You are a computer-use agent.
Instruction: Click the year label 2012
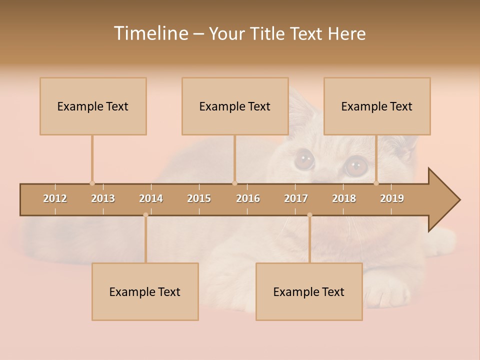click(x=55, y=198)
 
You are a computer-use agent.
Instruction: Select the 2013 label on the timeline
click(x=103, y=198)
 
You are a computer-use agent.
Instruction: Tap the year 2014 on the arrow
click(x=151, y=198)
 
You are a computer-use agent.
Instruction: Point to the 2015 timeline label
click(x=199, y=198)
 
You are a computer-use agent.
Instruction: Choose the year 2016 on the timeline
click(x=248, y=198)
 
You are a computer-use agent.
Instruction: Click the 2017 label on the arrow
click(x=296, y=198)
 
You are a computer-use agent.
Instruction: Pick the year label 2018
click(x=344, y=198)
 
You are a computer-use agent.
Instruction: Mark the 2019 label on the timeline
click(x=392, y=198)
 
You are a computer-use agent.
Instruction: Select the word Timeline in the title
click(x=150, y=33)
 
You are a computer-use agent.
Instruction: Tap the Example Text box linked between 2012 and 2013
click(x=93, y=106)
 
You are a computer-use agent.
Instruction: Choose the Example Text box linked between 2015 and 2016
click(x=235, y=106)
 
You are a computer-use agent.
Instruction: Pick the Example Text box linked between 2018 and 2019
click(x=377, y=106)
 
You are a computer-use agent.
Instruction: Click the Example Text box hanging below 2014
click(x=145, y=291)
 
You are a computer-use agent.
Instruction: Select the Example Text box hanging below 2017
click(x=309, y=291)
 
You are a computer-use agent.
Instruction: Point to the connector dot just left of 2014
click(x=145, y=215)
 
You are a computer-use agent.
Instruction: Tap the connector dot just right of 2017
click(x=309, y=215)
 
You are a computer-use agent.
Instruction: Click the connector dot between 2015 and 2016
click(x=234, y=183)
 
